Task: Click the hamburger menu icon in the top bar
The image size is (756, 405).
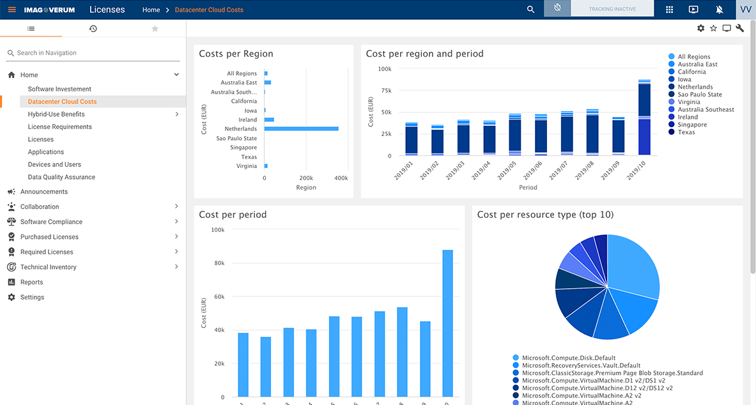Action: [12, 10]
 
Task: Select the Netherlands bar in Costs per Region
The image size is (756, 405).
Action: [301, 129]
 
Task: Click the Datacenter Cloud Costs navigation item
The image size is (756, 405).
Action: [62, 102]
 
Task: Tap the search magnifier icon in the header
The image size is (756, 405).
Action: [530, 10]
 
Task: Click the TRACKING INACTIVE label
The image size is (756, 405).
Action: [612, 10]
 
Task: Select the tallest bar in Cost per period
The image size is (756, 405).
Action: [447, 323]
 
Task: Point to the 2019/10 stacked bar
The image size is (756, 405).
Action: [644, 118]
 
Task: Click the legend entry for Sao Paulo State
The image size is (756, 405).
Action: [699, 95]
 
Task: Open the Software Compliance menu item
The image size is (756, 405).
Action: [51, 222]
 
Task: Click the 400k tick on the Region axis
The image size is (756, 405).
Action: [341, 178]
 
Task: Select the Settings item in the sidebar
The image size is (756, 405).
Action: [32, 297]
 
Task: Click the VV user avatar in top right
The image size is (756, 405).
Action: [745, 10]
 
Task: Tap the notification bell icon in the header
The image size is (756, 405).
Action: [720, 10]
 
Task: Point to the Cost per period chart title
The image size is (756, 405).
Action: [233, 215]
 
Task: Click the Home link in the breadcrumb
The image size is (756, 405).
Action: [151, 10]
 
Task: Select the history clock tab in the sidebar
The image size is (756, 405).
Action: [93, 29]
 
